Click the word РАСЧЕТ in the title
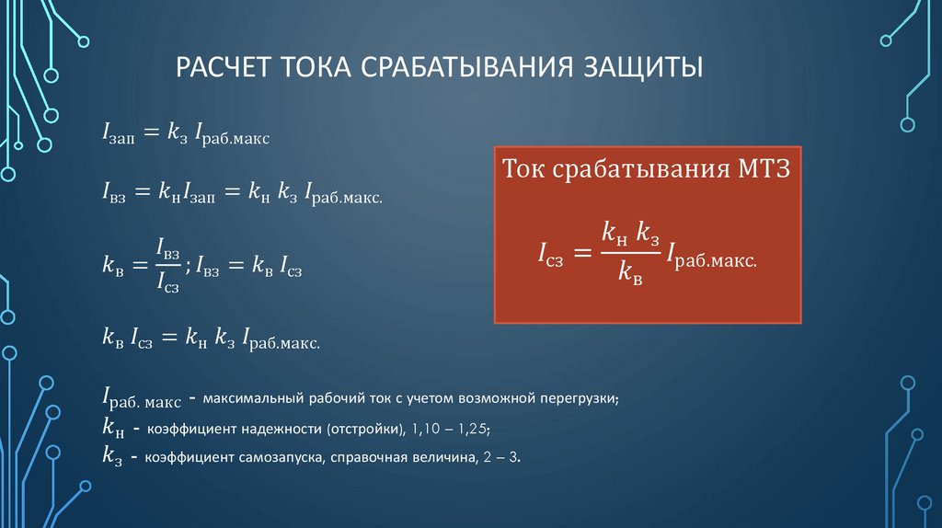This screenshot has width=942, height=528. [223, 67]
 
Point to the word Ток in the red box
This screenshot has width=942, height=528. [523, 168]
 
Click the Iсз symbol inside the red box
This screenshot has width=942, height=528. [551, 254]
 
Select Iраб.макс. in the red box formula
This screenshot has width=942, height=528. [712, 256]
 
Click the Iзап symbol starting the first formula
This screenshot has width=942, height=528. [119, 132]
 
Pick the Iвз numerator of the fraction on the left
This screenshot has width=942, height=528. [168, 248]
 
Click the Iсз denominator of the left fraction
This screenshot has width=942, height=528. [168, 281]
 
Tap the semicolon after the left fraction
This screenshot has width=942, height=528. [188, 267]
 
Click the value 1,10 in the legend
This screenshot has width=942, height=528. [426, 429]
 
